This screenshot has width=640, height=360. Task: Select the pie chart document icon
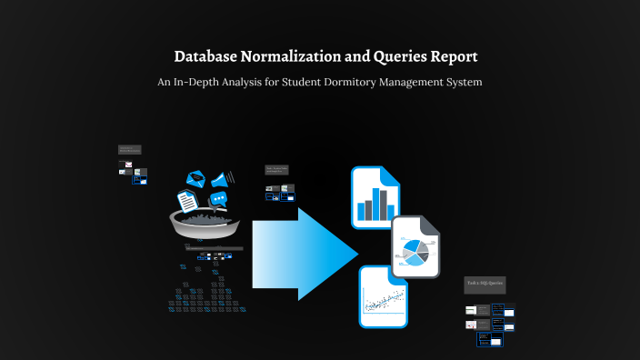point(415,247)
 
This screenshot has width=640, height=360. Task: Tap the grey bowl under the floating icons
point(206,222)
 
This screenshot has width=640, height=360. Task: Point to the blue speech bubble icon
point(218,199)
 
